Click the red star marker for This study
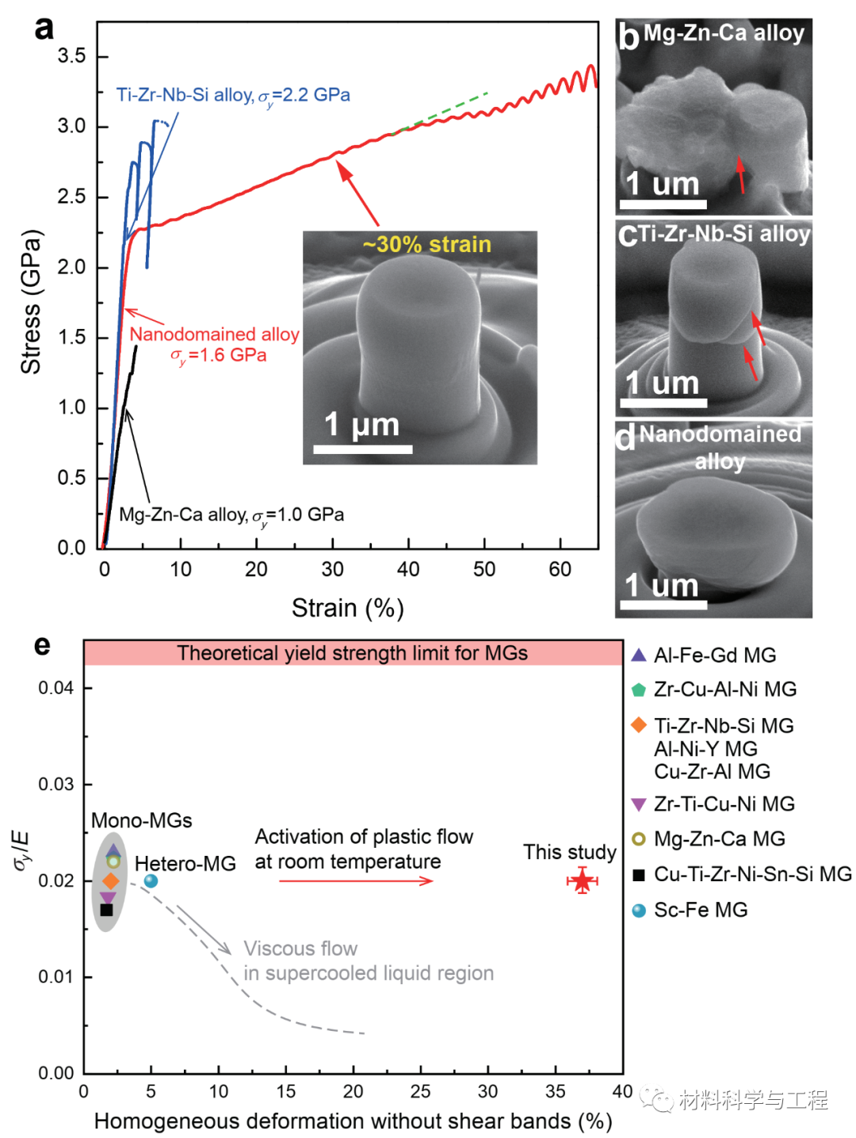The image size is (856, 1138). [x=583, y=880]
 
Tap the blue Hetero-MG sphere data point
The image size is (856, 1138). [x=151, y=880]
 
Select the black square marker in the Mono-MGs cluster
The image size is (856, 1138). [x=107, y=910]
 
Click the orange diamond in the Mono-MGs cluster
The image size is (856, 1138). [x=111, y=880]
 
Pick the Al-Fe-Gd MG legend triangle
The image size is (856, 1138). [x=639, y=655]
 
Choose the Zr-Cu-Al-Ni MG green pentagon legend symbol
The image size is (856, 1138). [x=639, y=689]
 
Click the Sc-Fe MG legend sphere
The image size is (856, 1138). [x=639, y=911]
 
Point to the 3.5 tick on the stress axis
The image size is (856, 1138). [x=71, y=56]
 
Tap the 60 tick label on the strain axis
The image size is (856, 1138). [x=560, y=569]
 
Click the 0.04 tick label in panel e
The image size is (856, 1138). [x=56, y=688]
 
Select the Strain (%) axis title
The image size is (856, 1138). [x=348, y=608]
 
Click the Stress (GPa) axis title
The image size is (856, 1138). [x=31, y=301]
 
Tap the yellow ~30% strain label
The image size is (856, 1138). [x=427, y=244]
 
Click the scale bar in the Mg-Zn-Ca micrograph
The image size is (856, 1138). [x=663, y=204]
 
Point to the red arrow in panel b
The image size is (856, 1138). [x=741, y=175]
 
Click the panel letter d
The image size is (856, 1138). [x=626, y=437]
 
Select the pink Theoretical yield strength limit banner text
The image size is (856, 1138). [x=352, y=653]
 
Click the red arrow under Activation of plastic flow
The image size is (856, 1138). [x=356, y=880]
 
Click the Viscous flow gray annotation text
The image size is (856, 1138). [x=300, y=949]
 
